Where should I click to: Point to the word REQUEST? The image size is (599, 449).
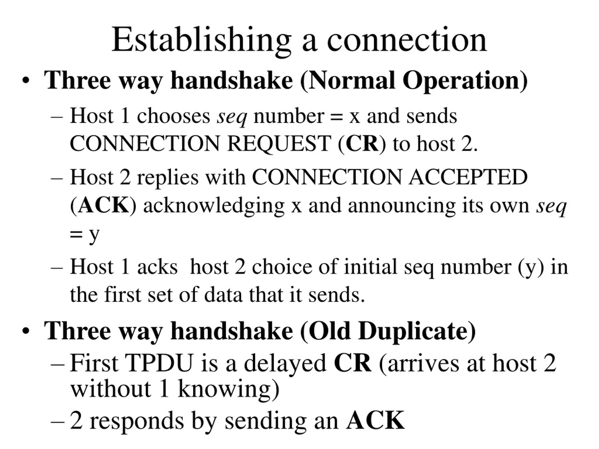(279, 144)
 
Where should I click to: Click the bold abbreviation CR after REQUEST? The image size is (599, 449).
(362, 144)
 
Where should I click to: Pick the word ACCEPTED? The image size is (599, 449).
(468, 177)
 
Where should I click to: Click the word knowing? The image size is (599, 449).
(224, 391)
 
